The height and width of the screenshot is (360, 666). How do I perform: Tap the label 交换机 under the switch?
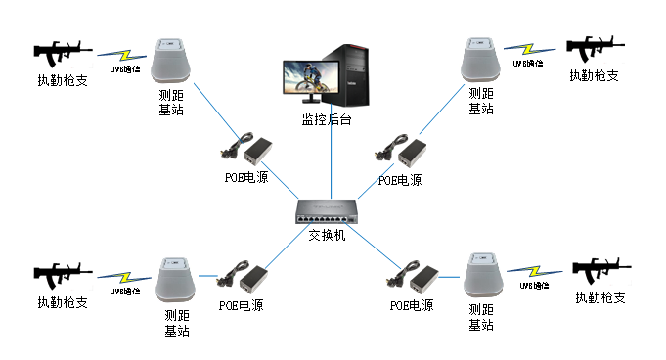[x=328, y=236]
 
